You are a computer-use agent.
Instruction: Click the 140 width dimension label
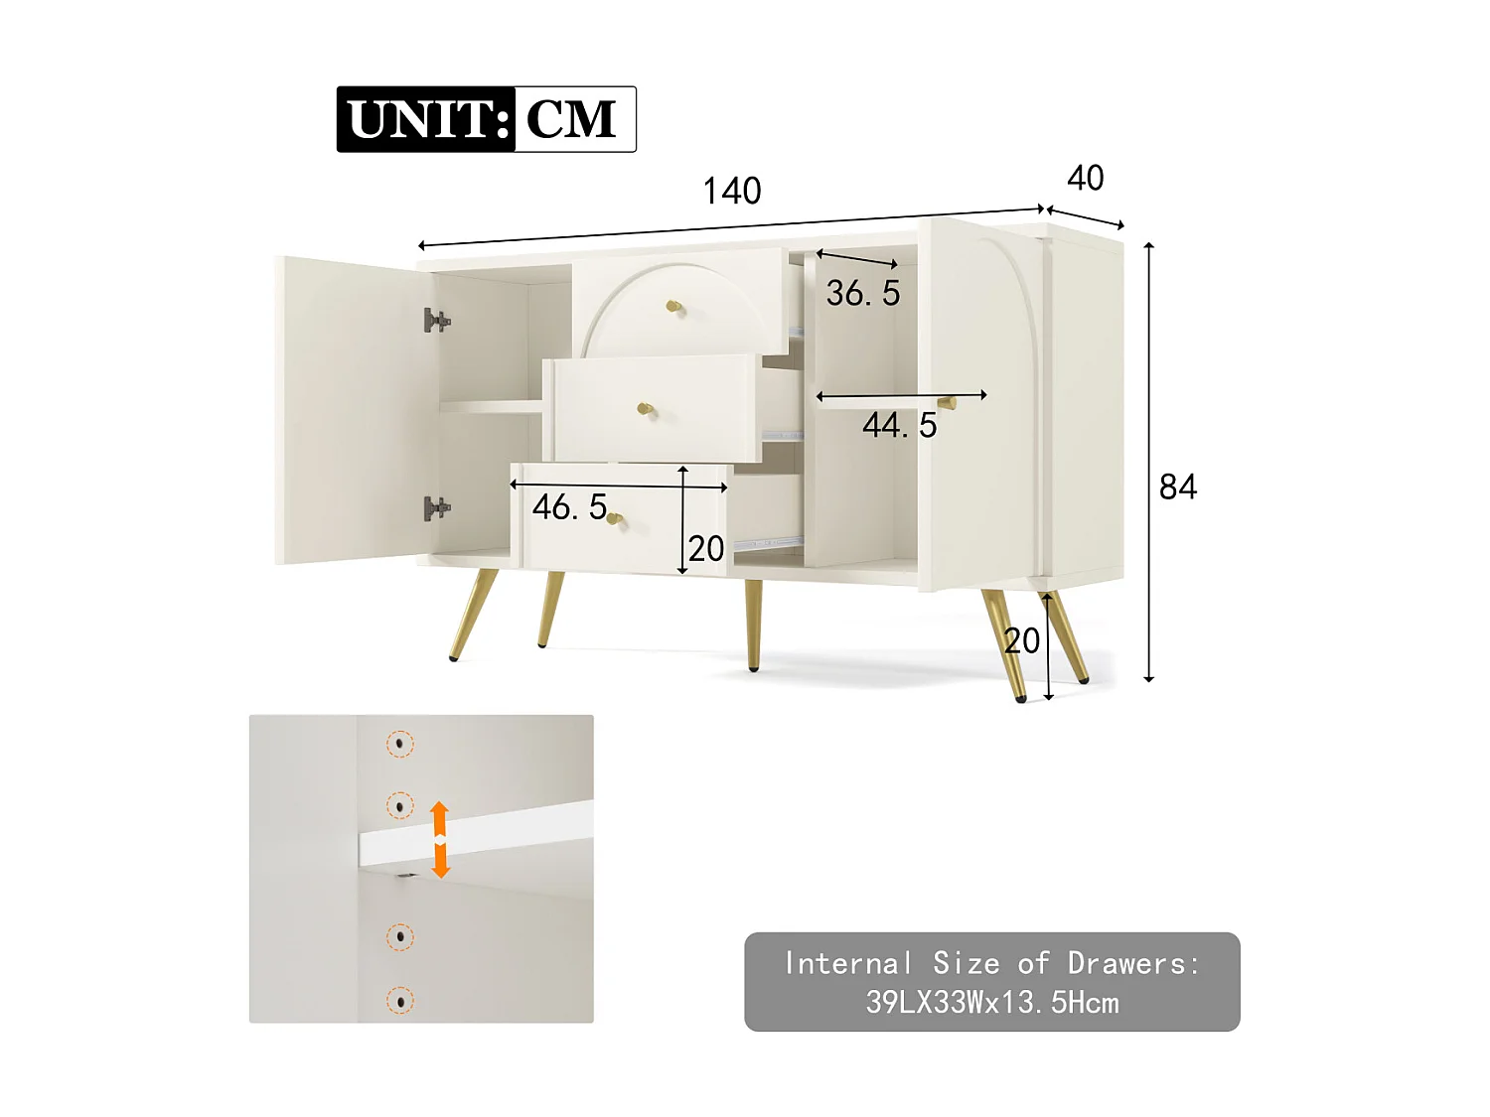[x=732, y=191]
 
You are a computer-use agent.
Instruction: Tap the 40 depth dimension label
[x=1085, y=178]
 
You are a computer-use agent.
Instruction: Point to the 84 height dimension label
[x=1178, y=487]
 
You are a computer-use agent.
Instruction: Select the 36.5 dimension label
[x=862, y=293]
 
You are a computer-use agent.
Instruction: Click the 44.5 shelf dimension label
[x=899, y=425]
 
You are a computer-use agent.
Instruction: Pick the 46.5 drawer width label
[x=569, y=506]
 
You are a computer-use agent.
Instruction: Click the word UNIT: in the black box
[x=428, y=119]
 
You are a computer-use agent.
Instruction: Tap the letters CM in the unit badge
[x=572, y=119]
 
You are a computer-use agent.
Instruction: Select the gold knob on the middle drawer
[x=645, y=409]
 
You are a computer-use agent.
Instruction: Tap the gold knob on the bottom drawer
[x=615, y=518]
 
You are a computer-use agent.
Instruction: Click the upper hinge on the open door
[x=435, y=320]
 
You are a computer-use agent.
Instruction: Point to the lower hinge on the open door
[x=435, y=508]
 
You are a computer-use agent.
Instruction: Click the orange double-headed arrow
[x=440, y=840]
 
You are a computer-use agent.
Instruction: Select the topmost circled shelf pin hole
[x=400, y=743]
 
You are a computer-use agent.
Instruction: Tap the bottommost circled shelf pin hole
[x=400, y=1001]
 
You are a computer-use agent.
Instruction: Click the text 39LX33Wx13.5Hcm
[x=991, y=1002]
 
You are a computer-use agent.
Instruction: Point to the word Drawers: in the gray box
[x=1133, y=963]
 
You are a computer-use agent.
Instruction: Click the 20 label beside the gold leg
[x=1021, y=641]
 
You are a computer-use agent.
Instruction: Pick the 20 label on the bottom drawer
[x=706, y=548]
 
